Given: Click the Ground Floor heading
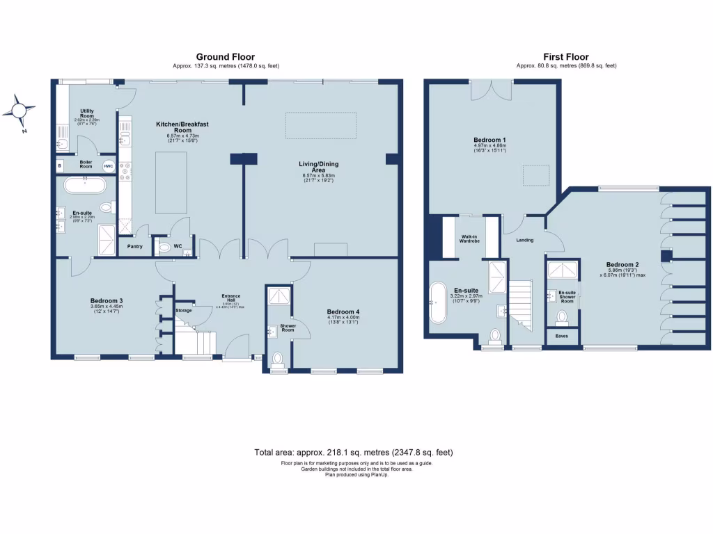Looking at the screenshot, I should coord(225,57).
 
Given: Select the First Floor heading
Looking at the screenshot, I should coord(566,57).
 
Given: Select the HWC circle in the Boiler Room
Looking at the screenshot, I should coord(108,166).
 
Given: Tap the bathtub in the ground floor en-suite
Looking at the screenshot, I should coord(85,186).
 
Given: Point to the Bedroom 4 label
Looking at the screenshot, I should coord(343,311).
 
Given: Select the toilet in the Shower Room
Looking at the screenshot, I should coord(278,359).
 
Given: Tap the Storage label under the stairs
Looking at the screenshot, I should coord(184,310).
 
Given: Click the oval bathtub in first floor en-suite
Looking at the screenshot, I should coord(438,302).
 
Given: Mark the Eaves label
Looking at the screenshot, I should coord(561,336).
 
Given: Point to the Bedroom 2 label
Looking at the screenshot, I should coord(622,265).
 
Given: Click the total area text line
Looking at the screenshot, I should coord(354,452).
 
